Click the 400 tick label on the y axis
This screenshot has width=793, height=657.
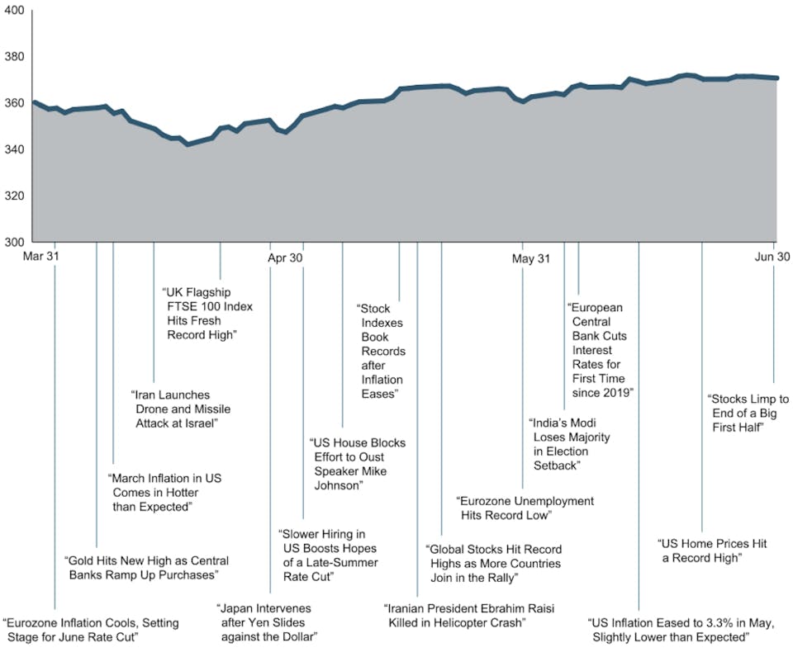(x=15, y=11)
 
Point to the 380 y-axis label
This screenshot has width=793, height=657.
(x=15, y=57)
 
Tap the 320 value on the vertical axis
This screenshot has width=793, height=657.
(x=15, y=196)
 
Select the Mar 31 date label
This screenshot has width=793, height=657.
(x=42, y=258)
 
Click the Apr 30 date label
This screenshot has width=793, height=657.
(x=287, y=258)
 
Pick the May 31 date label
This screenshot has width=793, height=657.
(x=531, y=258)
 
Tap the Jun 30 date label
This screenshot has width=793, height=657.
(x=772, y=258)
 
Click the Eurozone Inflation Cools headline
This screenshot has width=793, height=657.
(x=91, y=630)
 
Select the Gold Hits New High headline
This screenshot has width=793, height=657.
(x=146, y=567)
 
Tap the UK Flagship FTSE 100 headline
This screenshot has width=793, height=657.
(x=207, y=314)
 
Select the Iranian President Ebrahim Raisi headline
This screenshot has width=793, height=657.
(x=468, y=615)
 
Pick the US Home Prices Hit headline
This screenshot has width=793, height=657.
(x=712, y=551)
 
